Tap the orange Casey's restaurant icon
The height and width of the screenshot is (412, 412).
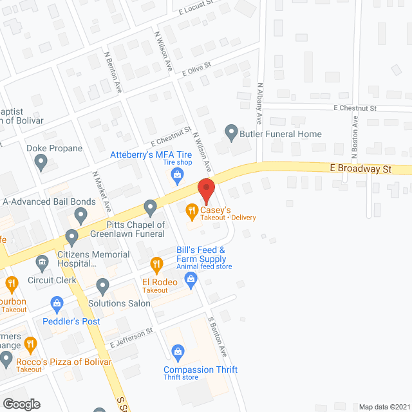(191, 210)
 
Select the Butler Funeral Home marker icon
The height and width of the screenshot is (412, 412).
(231, 133)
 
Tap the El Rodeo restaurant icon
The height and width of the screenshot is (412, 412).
(156, 263)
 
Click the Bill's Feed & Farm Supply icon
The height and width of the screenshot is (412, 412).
(191, 278)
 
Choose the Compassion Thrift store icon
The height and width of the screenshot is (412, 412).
(178, 351)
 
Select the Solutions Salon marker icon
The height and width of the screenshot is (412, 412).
(102, 285)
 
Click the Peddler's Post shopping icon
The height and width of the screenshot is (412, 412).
(57, 303)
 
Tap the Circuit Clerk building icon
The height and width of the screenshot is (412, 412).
(42, 263)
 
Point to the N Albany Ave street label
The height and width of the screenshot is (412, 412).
(260, 103)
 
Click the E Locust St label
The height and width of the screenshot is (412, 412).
(196, 9)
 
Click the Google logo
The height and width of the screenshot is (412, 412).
(21, 404)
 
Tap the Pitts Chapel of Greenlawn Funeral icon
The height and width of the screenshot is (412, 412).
(151, 208)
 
